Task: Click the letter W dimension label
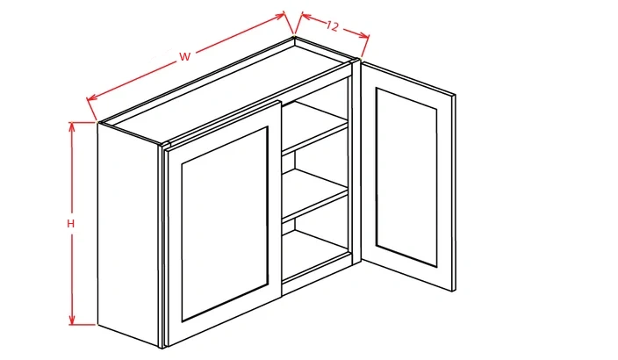click(185, 57)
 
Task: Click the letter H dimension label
click(71, 224)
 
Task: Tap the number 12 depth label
click(332, 26)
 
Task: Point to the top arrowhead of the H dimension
click(72, 125)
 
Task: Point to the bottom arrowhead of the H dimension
click(72, 321)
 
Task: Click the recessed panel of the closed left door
click(225, 224)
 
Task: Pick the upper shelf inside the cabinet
click(314, 132)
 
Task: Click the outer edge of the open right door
click(454, 193)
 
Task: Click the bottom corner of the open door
click(452, 291)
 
